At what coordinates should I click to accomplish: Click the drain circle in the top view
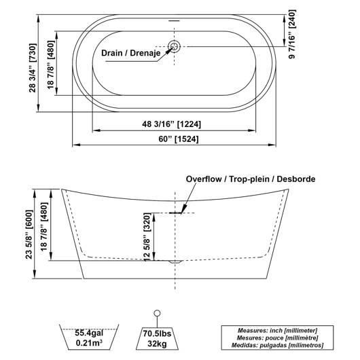[174, 47]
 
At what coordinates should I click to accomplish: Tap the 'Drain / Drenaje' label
[131, 53]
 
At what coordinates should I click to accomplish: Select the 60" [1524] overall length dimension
[179, 139]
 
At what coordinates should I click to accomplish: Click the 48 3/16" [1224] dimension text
[171, 124]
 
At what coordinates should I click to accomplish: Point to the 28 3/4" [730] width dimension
[33, 68]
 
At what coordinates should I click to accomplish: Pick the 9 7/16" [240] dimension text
[292, 34]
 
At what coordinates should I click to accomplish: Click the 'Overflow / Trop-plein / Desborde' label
[251, 179]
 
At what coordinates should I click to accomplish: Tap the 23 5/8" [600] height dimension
[29, 234]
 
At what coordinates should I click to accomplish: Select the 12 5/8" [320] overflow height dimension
[147, 237]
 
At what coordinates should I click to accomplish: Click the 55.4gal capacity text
[89, 333]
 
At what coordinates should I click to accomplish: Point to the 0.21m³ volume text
[89, 343]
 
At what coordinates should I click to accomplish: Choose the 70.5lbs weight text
[158, 334]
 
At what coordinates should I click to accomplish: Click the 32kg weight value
[158, 344]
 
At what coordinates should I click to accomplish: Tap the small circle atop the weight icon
[157, 313]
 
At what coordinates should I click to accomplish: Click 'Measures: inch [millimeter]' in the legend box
[277, 331]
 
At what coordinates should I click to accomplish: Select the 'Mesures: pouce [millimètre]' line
[277, 338]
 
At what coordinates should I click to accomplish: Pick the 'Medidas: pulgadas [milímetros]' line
[277, 345]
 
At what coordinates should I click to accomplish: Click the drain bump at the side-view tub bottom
[175, 262]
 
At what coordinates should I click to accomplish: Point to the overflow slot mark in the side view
[175, 213]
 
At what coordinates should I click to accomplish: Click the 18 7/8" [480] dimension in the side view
[44, 227]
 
